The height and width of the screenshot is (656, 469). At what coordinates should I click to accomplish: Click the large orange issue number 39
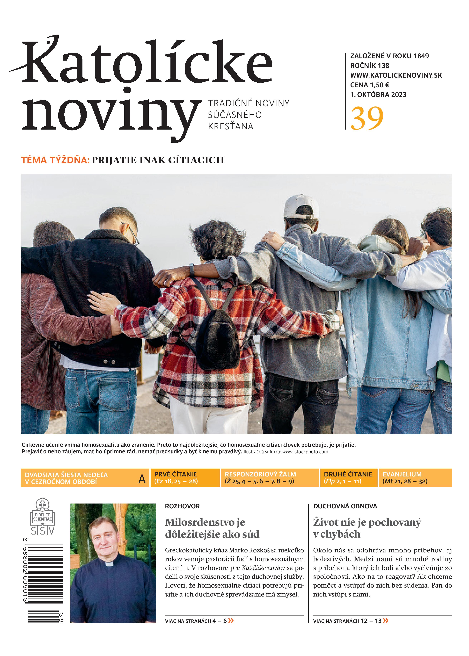click(x=367, y=119)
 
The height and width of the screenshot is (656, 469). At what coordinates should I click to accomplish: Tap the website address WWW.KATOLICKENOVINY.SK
click(x=396, y=75)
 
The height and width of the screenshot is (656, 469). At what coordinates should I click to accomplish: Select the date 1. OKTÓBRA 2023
click(x=378, y=95)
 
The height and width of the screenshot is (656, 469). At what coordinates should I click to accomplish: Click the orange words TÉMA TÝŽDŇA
click(x=55, y=160)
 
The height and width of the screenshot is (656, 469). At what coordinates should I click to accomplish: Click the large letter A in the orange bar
click(x=142, y=479)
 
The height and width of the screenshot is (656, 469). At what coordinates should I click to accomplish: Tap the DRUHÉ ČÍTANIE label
click(x=348, y=474)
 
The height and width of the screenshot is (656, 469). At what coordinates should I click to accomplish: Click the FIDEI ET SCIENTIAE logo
click(x=42, y=516)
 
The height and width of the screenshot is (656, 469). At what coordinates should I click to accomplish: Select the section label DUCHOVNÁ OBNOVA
click(x=345, y=506)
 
